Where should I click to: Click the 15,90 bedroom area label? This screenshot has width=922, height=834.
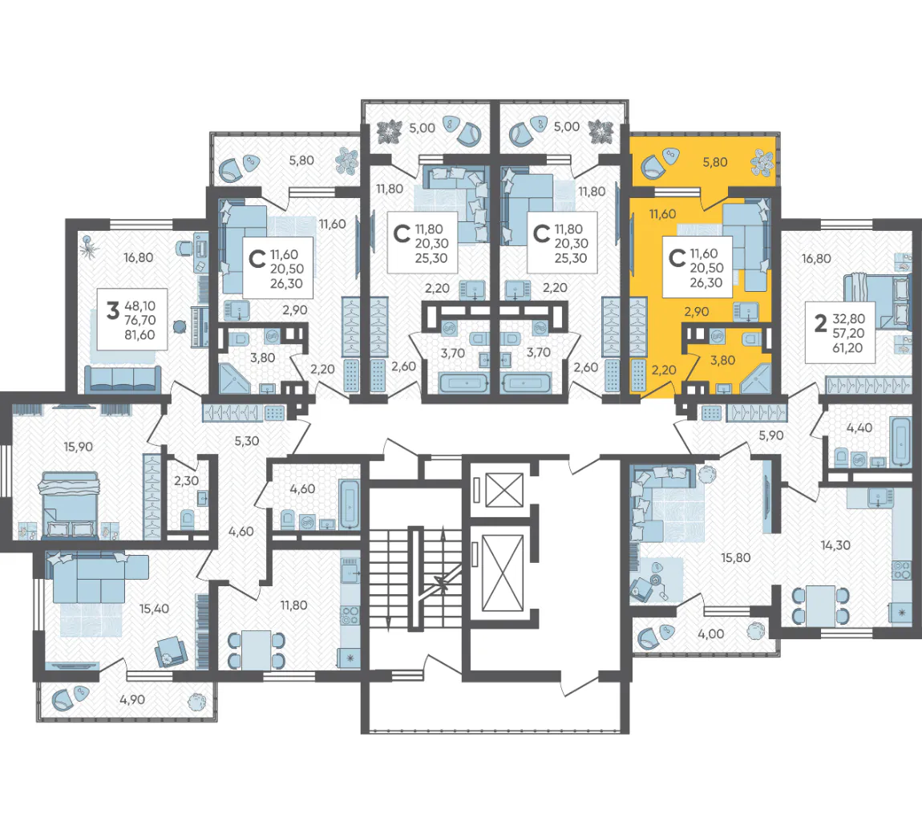(79, 447)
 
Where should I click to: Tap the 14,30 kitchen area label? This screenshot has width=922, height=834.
(835, 545)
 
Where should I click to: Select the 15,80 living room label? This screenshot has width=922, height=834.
(736, 557)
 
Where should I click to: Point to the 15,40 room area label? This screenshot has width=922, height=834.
(154, 609)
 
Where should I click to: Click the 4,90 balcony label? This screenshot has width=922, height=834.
(132, 699)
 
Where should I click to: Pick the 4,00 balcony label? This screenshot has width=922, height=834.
(711, 634)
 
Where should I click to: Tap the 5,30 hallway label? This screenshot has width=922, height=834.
(247, 440)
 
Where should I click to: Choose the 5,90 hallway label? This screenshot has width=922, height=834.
(771, 435)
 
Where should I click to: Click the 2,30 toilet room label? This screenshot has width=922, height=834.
(186, 480)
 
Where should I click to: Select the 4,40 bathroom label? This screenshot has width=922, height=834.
(859, 427)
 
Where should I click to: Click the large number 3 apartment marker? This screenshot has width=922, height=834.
(113, 310)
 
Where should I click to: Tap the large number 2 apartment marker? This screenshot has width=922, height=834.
(820, 323)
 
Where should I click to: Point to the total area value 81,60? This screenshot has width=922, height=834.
(140, 335)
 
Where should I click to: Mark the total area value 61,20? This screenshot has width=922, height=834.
(848, 348)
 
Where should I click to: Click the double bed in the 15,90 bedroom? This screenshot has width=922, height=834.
(69, 504)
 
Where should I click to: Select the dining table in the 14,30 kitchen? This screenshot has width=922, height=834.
(821, 605)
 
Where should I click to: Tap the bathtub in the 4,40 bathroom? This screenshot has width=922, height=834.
(901, 442)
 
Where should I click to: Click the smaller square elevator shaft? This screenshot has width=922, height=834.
(504, 489)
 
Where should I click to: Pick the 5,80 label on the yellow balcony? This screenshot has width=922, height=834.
(715, 162)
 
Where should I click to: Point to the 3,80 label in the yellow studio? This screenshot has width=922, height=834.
(722, 360)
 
